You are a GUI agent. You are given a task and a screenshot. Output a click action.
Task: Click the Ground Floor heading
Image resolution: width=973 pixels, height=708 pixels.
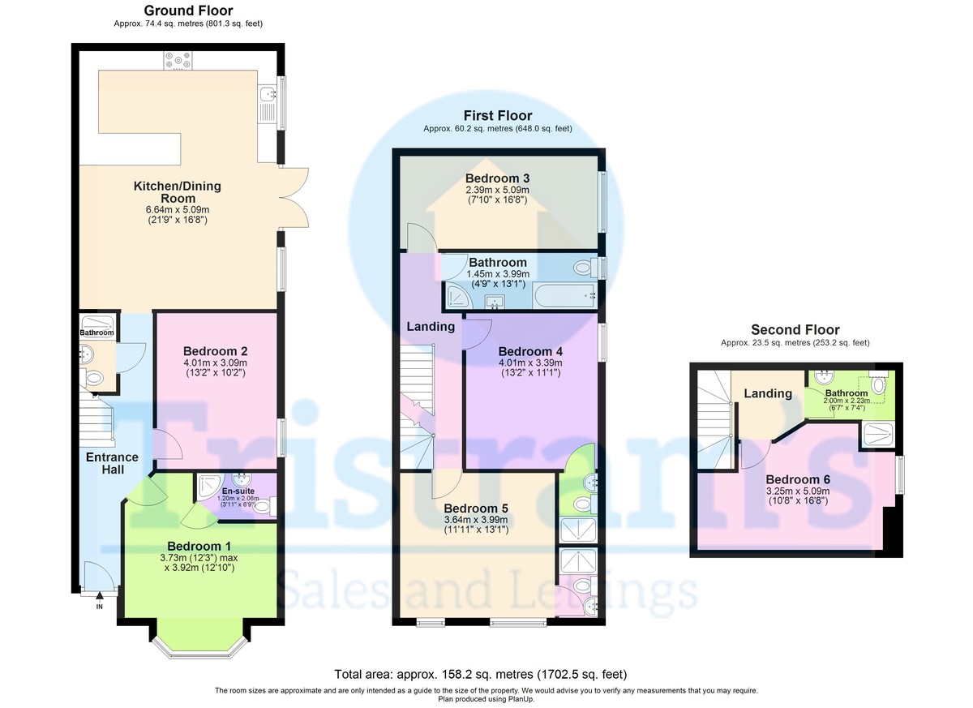(x=188, y=11)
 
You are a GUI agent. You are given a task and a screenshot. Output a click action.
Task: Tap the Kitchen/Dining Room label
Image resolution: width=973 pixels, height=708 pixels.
(x=178, y=192)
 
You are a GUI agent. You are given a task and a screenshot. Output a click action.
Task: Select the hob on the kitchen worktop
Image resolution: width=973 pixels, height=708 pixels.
(x=178, y=60)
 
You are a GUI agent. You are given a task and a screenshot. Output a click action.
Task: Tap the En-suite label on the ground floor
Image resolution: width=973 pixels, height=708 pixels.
(x=238, y=491)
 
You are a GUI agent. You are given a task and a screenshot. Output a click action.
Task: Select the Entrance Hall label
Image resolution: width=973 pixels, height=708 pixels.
(x=112, y=463)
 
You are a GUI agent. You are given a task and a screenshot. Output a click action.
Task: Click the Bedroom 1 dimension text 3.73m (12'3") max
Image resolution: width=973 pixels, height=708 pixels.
(x=199, y=558)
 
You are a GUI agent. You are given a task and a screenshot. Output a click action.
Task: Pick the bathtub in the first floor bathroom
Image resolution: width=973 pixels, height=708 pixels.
(x=565, y=295)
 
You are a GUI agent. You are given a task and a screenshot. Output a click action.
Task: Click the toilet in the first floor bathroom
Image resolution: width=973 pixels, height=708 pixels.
(x=585, y=267)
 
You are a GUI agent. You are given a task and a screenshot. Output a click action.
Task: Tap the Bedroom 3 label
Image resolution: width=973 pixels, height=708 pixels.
(x=497, y=178)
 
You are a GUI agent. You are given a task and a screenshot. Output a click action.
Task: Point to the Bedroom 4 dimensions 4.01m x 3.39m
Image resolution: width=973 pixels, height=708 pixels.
(x=530, y=363)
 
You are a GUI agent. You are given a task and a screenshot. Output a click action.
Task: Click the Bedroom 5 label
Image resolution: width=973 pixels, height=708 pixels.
(x=476, y=508)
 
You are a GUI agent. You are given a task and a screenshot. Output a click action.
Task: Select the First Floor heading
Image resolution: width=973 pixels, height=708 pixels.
(x=498, y=115)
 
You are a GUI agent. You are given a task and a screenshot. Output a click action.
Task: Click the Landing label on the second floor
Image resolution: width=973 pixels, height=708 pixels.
(x=768, y=393)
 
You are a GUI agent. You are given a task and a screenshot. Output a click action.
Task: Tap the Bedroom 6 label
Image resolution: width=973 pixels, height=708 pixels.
(x=798, y=479)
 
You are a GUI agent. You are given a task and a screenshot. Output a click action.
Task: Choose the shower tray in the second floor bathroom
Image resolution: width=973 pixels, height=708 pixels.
(x=878, y=435)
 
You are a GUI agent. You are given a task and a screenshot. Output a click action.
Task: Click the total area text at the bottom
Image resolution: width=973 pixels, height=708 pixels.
(x=481, y=674)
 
